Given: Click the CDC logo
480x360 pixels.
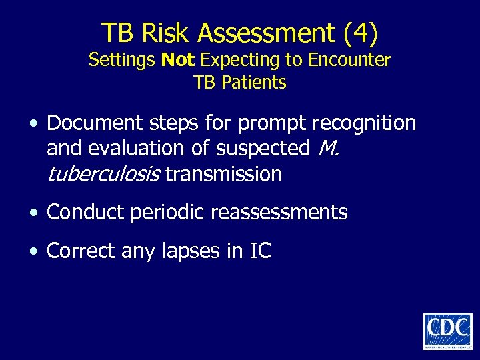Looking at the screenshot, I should tap(447, 331).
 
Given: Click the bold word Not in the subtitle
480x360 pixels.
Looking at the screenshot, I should tap(178, 60).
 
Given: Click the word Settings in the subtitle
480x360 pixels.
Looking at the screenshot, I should tap(122, 60).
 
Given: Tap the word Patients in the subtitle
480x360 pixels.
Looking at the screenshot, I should tap(256, 83).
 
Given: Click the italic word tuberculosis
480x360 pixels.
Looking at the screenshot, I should tap(103, 175).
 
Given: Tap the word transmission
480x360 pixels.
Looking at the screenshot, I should tap(223, 175).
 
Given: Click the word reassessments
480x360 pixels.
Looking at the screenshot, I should tap(279, 213).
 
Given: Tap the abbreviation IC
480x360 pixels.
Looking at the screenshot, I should tap(260, 251).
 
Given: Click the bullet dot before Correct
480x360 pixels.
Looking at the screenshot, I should tap(33, 251).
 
